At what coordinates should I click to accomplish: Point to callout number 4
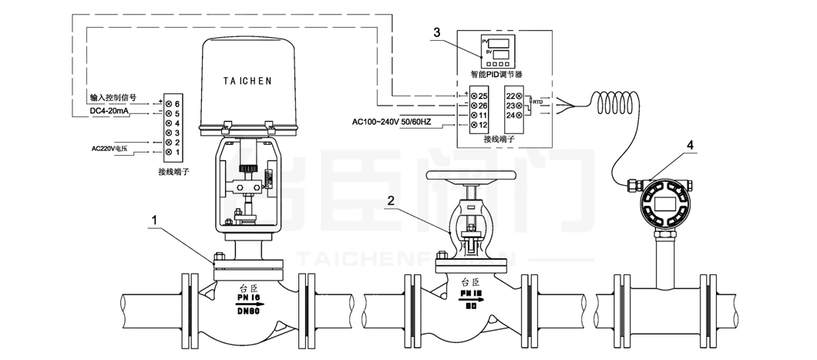(x=690, y=144)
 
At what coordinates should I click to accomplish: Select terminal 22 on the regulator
(x=510, y=95)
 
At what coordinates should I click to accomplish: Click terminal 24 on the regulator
(x=510, y=116)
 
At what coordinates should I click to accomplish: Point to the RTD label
(x=537, y=102)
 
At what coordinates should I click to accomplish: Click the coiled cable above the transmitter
(x=617, y=100)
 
